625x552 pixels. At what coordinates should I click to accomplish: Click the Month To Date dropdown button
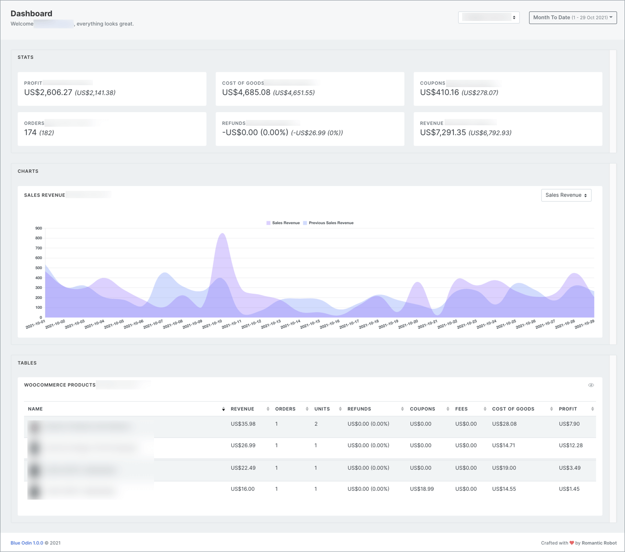573,18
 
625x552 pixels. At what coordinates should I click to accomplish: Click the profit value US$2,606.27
48,92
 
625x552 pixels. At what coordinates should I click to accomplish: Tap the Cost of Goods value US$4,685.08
246,92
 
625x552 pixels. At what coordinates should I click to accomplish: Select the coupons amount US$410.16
439,92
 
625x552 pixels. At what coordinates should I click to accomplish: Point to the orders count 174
30,133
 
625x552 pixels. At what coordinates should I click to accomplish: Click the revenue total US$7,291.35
443,133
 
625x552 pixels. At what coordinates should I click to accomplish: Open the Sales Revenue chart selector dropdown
566,195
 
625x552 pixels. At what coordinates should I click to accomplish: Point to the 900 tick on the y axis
39,229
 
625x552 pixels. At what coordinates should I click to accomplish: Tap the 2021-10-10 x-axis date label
212,324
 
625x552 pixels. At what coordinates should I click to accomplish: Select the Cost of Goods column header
513,409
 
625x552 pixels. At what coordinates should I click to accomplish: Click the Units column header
322,409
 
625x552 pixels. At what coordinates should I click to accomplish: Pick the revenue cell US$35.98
243,424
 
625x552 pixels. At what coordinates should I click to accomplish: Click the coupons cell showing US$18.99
422,489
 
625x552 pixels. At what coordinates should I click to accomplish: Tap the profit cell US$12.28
570,445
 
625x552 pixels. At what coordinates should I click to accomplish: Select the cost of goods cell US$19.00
504,468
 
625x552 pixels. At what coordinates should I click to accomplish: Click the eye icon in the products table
591,385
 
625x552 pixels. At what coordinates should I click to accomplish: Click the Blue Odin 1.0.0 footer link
27,543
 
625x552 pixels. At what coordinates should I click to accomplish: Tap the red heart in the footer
571,543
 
